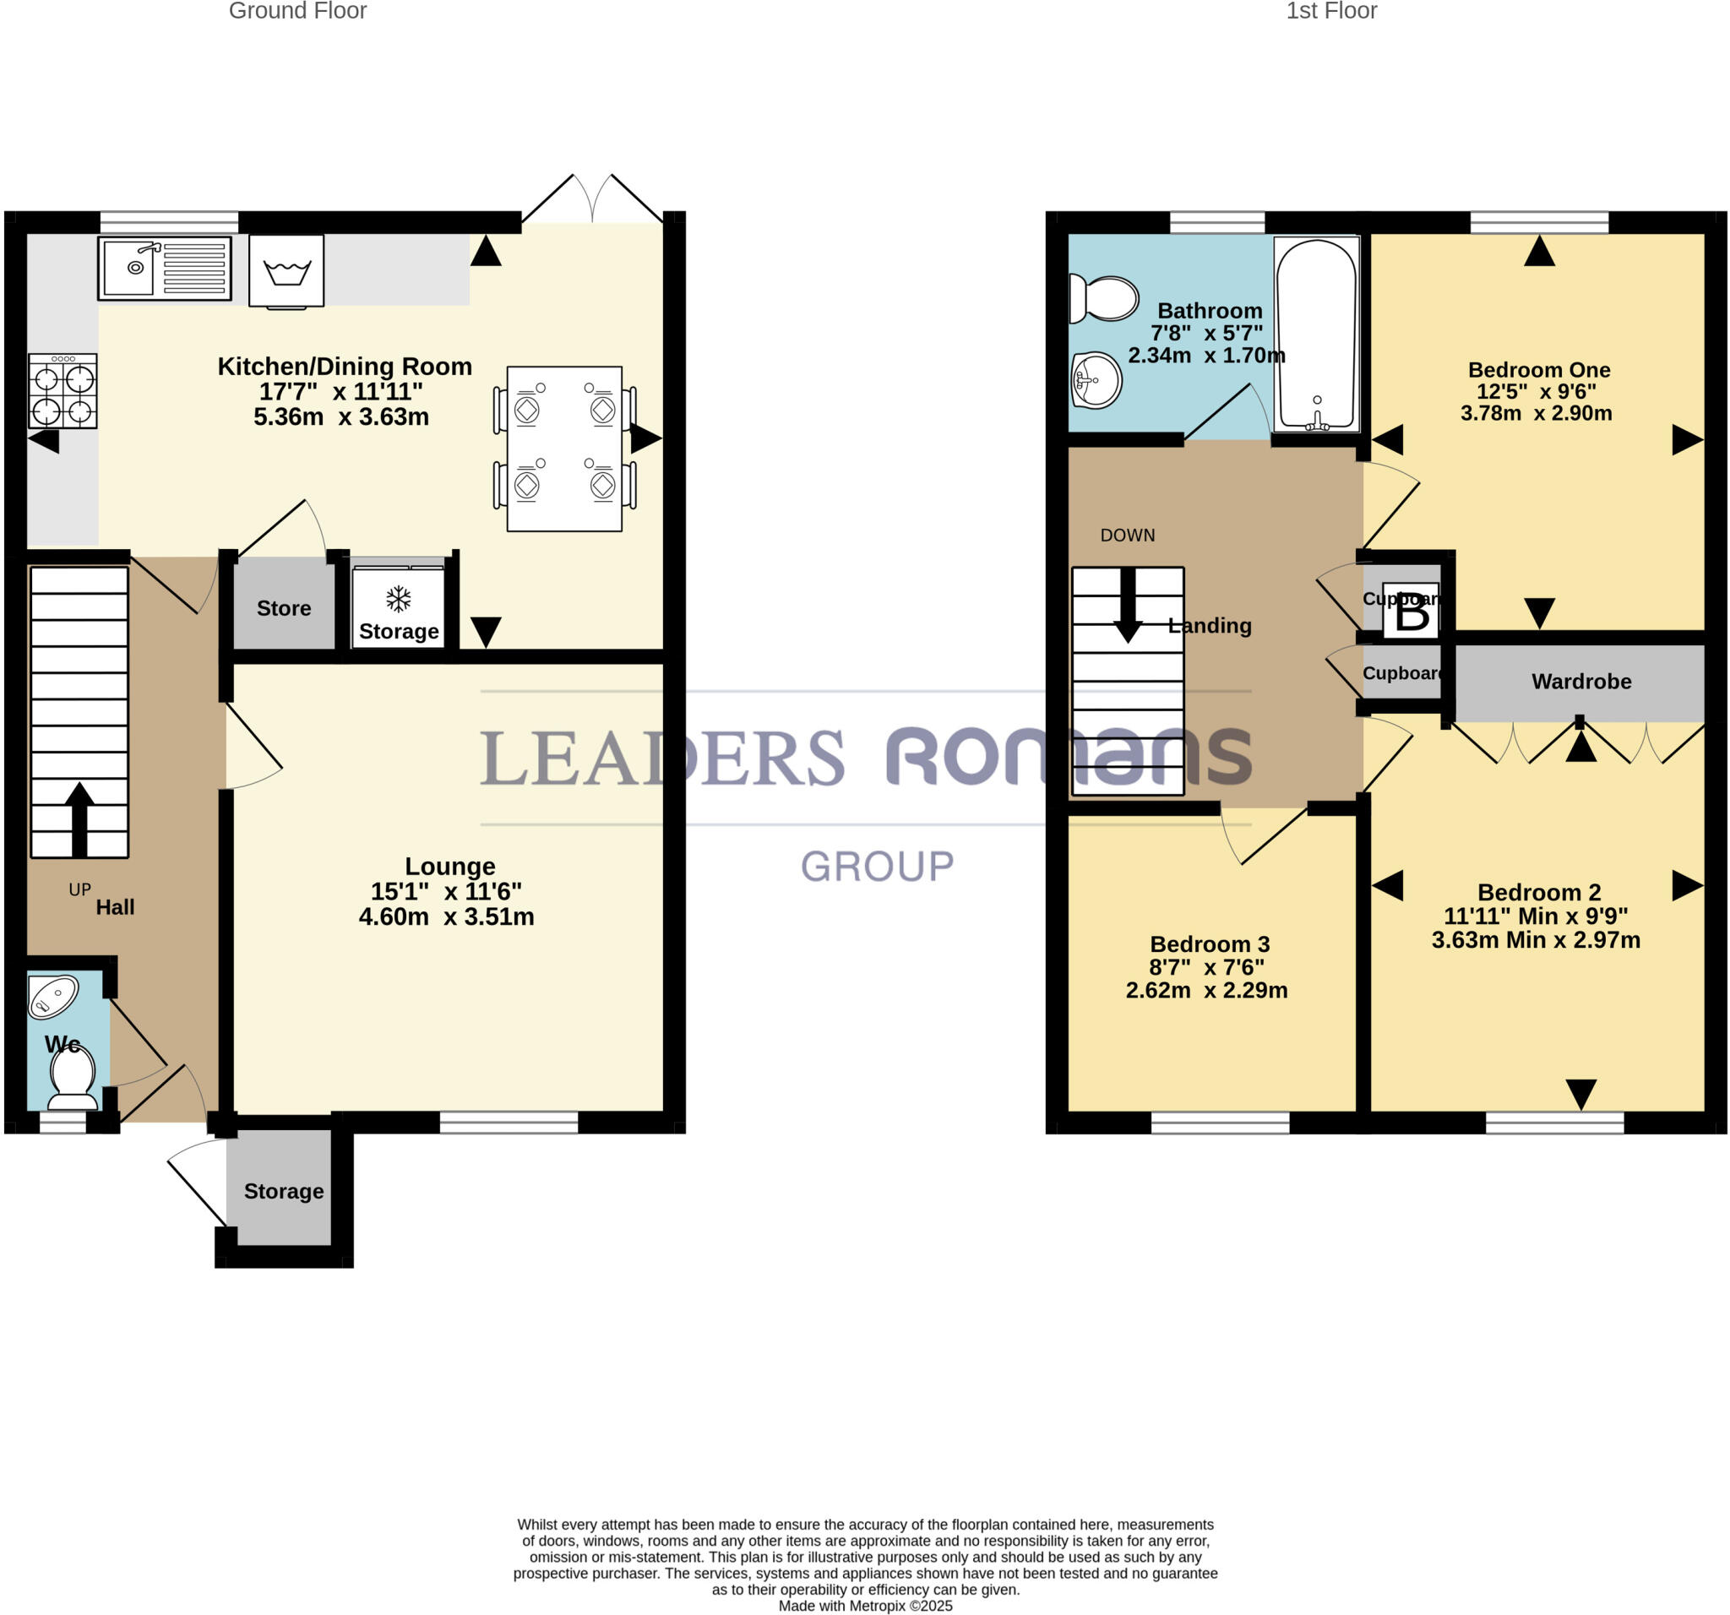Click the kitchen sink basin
tap(128, 268)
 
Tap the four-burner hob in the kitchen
tap(63, 392)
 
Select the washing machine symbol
tap(286, 271)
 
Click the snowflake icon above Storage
tap(399, 599)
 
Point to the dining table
tap(564, 449)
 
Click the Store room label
tap(284, 608)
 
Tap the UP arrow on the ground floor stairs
tap(79, 818)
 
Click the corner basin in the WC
tap(53, 997)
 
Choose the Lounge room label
tap(450, 866)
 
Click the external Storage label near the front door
tap(284, 1191)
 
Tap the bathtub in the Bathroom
tap(1317, 335)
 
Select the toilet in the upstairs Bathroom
tap(1104, 298)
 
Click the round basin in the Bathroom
tap(1096, 379)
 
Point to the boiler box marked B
tap(1412, 612)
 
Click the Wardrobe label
tap(1581, 682)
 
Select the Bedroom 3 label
tap(1210, 944)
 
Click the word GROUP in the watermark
tap(877, 867)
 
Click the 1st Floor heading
tap(1331, 11)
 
